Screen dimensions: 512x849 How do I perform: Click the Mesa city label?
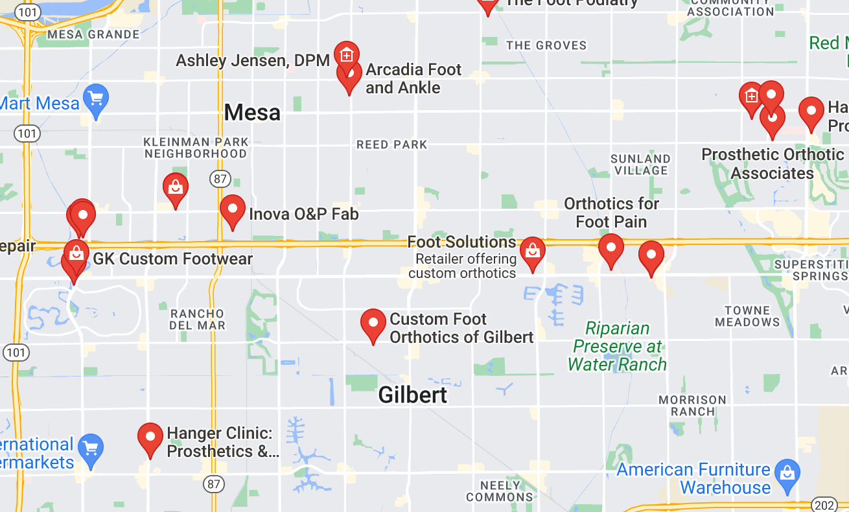[x=252, y=113]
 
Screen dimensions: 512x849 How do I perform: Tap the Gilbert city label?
[x=413, y=395]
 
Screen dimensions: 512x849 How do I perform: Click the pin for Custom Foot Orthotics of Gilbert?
[x=373, y=325]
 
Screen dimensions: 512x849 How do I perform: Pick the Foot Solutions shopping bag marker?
[x=532, y=251]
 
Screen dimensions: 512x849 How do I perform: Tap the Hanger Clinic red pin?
[x=150, y=439]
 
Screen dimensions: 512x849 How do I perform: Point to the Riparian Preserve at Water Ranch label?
[x=617, y=346]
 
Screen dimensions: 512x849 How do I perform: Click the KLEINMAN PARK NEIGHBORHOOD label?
[x=196, y=148]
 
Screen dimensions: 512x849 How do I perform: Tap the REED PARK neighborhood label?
[x=392, y=145]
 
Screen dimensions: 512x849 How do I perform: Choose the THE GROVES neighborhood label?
[x=546, y=45]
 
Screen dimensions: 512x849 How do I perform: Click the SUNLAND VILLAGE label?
[x=640, y=165]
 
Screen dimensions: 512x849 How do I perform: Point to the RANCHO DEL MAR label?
[x=198, y=320]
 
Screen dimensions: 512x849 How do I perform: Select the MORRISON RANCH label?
[x=692, y=406]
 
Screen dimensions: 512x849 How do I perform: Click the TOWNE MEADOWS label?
[x=747, y=316]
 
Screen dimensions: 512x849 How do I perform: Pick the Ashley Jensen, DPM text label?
[x=253, y=61]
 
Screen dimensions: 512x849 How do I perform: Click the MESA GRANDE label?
[x=93, y=34]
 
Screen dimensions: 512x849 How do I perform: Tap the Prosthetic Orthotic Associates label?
[x=773, y=164]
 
